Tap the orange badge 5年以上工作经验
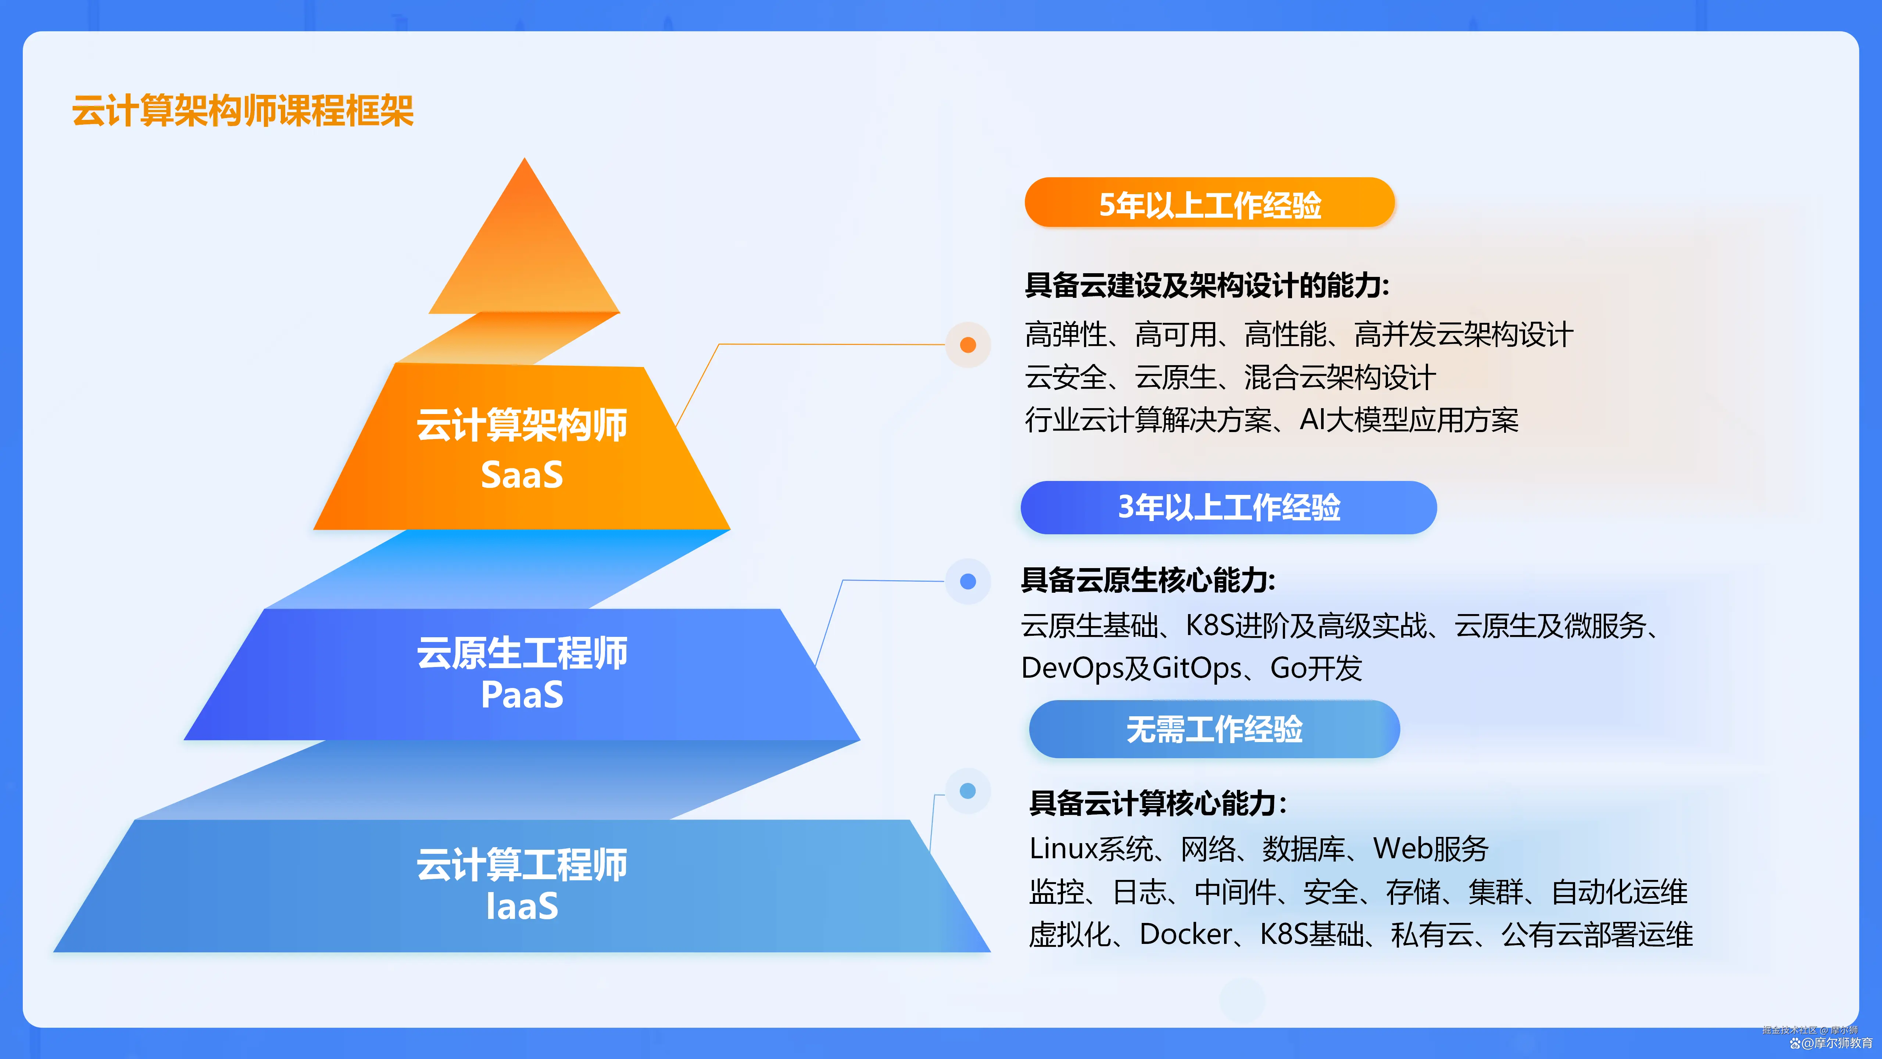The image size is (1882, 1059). click(1210, 204)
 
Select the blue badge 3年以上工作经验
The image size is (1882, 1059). click(1229, 507)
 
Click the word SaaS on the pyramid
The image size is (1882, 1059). click(522, 475)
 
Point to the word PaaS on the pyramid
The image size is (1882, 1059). click(522, 694)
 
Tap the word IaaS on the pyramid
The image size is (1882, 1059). click(522, 906)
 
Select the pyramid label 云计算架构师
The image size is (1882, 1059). click(522, 425)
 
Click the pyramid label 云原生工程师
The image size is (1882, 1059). click(522, 653)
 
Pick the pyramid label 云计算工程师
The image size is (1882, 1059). click(522, 864)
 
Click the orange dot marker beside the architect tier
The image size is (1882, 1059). click(968, 345)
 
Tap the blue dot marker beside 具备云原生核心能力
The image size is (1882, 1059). click(968, 582)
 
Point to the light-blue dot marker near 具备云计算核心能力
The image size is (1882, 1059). click(968, 791)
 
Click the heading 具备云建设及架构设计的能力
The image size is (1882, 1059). click(1206, 285)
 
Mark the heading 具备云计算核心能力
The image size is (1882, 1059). click(1157, 803)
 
